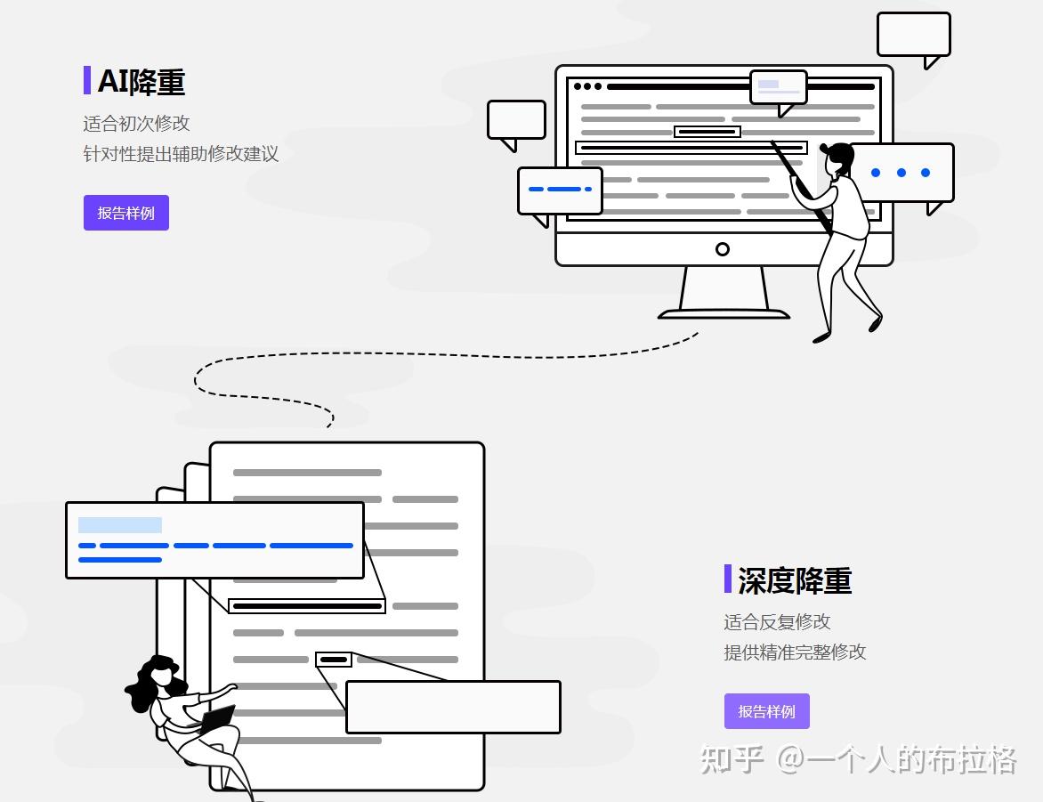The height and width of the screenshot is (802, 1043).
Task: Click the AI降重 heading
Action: pos(141,82)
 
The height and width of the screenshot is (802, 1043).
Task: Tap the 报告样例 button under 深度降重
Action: pos(766,711)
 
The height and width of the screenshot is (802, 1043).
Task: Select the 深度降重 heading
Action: pos(794,580)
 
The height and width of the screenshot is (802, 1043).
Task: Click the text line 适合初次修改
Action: pos(137,123)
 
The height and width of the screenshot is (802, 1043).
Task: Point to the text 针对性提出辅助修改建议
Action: pos(181,153)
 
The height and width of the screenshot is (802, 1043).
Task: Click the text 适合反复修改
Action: pos(777,621)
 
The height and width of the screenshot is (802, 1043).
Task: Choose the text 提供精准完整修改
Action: pos(795,652)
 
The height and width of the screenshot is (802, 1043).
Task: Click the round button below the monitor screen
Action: pos(723,249)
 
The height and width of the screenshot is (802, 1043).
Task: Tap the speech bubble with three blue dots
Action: pos(901,173)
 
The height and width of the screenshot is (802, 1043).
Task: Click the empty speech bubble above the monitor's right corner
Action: pos(913,35)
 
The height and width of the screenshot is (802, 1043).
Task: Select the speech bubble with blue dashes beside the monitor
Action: pos(560,190)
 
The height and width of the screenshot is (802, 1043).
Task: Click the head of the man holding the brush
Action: pos(838,159)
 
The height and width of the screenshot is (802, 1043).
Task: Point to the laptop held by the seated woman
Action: pos(216,719)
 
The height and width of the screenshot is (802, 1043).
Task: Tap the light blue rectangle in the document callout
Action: pos(120,525)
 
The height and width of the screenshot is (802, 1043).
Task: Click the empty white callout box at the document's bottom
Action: pos(453,707)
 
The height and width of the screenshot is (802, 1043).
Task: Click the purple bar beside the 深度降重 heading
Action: pos(728,579)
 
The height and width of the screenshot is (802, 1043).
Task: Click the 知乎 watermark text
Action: pos(731,759)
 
